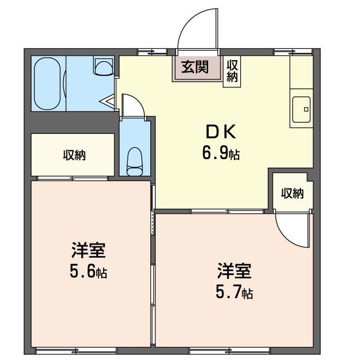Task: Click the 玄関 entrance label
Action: click(x=195, y=67)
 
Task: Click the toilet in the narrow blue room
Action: click(x=135, y=160)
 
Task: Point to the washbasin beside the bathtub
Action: click(x=103, y=67)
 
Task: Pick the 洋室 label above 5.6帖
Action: click(x=89, y=249)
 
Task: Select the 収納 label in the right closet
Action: click(x=292, y=193)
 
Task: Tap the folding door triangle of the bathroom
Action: click(x=108, y=102)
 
